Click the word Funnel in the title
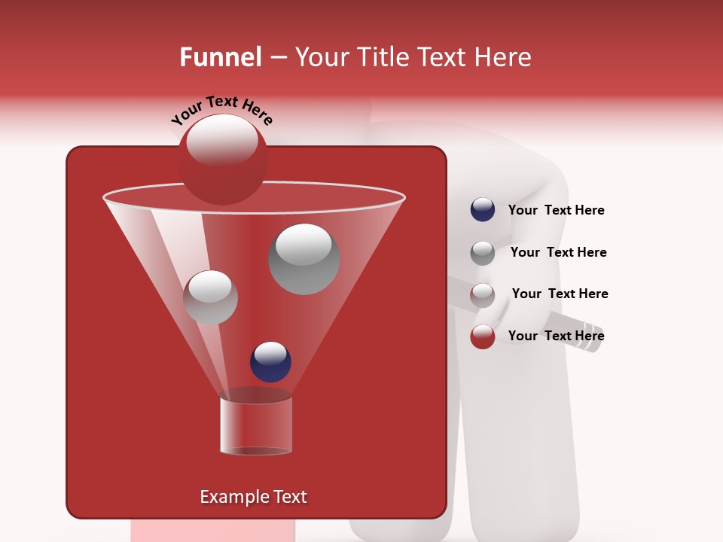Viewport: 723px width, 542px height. pos(220,57)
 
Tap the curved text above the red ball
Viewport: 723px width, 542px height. pos(222,110)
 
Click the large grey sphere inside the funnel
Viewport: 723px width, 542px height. pos(304,258)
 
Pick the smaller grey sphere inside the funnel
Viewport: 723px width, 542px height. pos(210,297)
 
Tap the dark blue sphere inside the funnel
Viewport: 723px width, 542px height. pos(270,361)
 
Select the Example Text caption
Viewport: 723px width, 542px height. pos(253,497)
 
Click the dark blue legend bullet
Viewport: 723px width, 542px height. pos(483,210)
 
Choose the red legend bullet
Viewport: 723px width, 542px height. pos(483,336)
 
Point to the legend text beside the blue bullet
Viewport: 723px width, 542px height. pos(556,210)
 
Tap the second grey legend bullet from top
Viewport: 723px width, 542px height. pos(483,252)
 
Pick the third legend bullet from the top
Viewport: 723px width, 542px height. pos(483,294)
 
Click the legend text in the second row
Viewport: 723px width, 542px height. pos(558,252)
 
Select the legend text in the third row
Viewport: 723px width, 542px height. pos(560,294)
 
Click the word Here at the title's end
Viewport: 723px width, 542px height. pos(502,57)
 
